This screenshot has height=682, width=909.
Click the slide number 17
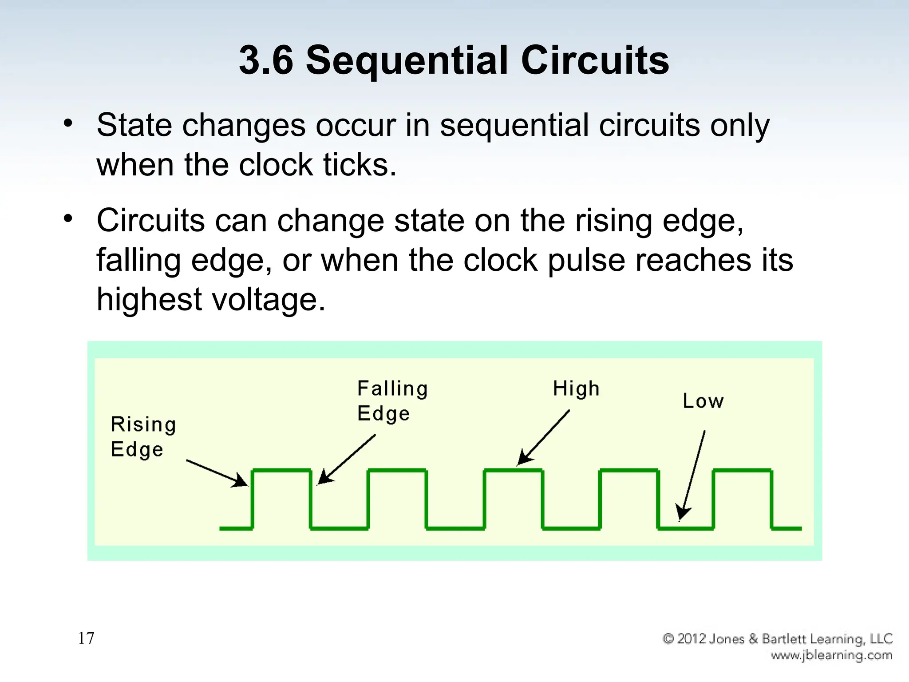(x=86, y=638)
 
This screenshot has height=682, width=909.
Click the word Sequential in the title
(x=407, y=61)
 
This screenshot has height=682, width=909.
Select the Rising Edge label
(x=143, y=436)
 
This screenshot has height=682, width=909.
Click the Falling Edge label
(x=392, y=400)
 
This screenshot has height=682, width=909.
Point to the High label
(x=576, y=389)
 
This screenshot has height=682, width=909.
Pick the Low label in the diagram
(x=703, y=401)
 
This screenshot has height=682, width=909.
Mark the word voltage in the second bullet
(x=268, y=299)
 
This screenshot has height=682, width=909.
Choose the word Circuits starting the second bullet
(x=151, y=220)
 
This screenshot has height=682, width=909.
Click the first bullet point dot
(x=67, y=123)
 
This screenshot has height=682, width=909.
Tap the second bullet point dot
(x=67, y=218)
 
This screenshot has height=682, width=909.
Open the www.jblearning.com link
(x=831, y=655)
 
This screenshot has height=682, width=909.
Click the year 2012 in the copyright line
(x=692, y=638)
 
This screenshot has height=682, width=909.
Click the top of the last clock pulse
(x=743, y=470)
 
